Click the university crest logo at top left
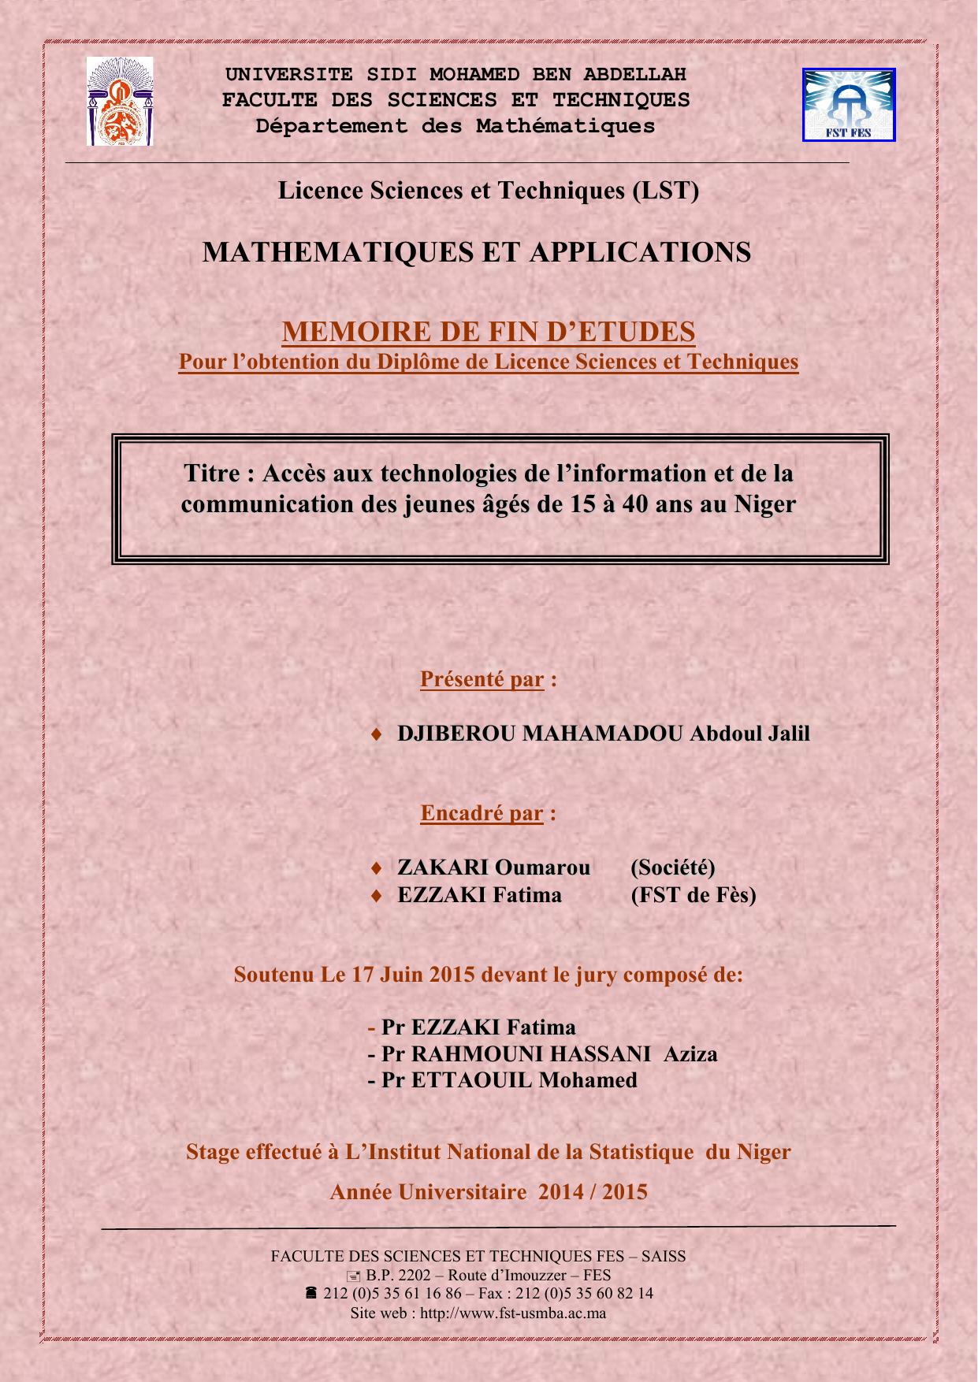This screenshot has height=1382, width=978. pyautogui.click(x=120, y=102)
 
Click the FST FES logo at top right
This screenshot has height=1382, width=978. pyautogui.click(x=849, y=104)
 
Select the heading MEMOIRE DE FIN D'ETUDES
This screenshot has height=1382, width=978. pyautogui.click(x=489, y=332)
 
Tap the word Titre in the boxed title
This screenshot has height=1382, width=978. pyautogui.click(x=211, y=474)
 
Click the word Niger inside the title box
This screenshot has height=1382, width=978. pyautogui.click(x=765, y=503)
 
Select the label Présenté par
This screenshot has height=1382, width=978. pyautogui.click(x=482, y=679)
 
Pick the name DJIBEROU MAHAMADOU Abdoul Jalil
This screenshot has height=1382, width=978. pyautogui.click(x=603, y=734)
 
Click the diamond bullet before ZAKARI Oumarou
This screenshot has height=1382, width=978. pyautogui.click(x=377, y=868)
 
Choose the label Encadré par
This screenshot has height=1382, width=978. pyautogui.click(x=482, y=813)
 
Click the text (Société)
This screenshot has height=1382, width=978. pyautogui.click(x=672, y=867)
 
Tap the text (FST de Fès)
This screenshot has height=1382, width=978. pyautogui.click(x=693, y=895)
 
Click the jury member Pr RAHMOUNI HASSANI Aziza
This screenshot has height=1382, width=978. pyautogui.click(x=548, y=1054)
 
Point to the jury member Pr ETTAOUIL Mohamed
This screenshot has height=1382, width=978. pyautogui.click(x=509, y=1080)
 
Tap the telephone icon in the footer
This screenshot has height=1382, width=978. pyautogui.click(x=311, y=1293)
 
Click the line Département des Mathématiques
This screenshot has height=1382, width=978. pyautogui.click(x=456, y=126)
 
